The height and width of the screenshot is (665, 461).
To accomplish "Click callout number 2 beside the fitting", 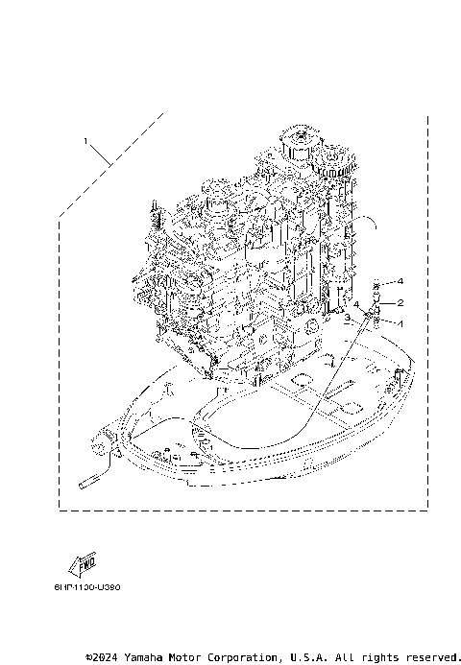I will [x=400, y=302].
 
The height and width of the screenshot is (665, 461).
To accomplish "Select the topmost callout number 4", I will [x=400, y=281].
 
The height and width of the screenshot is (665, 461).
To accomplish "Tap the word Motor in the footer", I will [x=205, y=657].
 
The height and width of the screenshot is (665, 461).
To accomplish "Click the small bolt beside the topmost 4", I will [x=378, y=282].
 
